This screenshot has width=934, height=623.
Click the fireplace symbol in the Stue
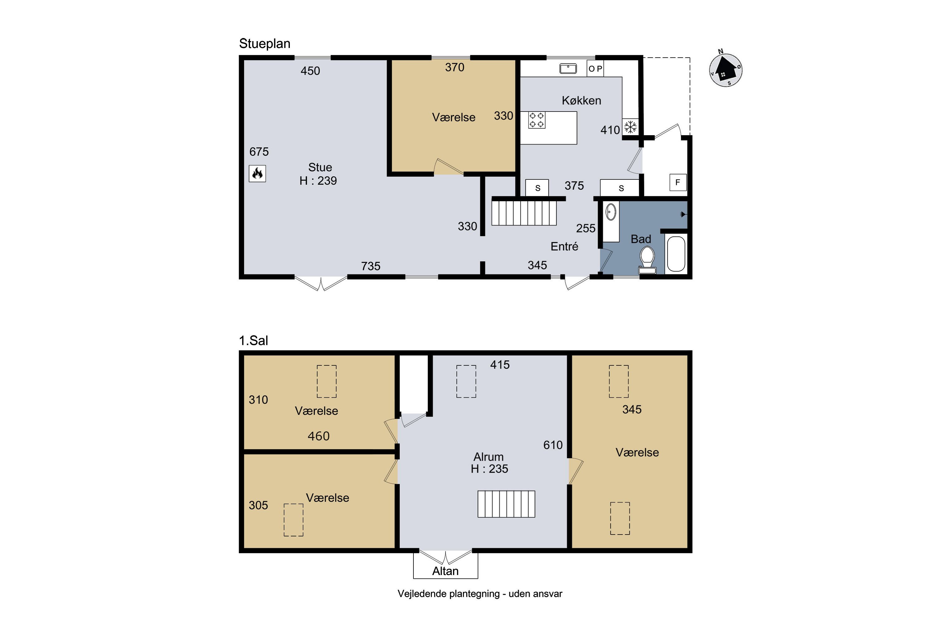(257, 174)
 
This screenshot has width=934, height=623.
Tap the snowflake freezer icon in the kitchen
(630, 127)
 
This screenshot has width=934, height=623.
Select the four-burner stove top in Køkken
(536, 120)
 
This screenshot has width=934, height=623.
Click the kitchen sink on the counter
(568, 69)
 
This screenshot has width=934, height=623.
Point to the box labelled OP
(595, 68)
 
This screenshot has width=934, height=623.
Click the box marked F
(678, 182)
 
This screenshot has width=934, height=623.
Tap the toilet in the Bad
(647, 260)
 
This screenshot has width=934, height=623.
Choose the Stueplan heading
(264, 44)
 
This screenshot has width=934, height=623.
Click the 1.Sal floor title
(253, 340)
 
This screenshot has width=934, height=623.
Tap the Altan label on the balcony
(445, 571)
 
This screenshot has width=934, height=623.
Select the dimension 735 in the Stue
(370, 266)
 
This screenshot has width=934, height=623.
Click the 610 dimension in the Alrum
(553, 445)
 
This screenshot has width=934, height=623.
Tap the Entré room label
(564, 246)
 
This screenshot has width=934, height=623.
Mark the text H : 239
(318, 181)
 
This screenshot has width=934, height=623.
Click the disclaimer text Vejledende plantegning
(449, 594)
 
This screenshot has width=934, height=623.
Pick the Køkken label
(581, 101)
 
